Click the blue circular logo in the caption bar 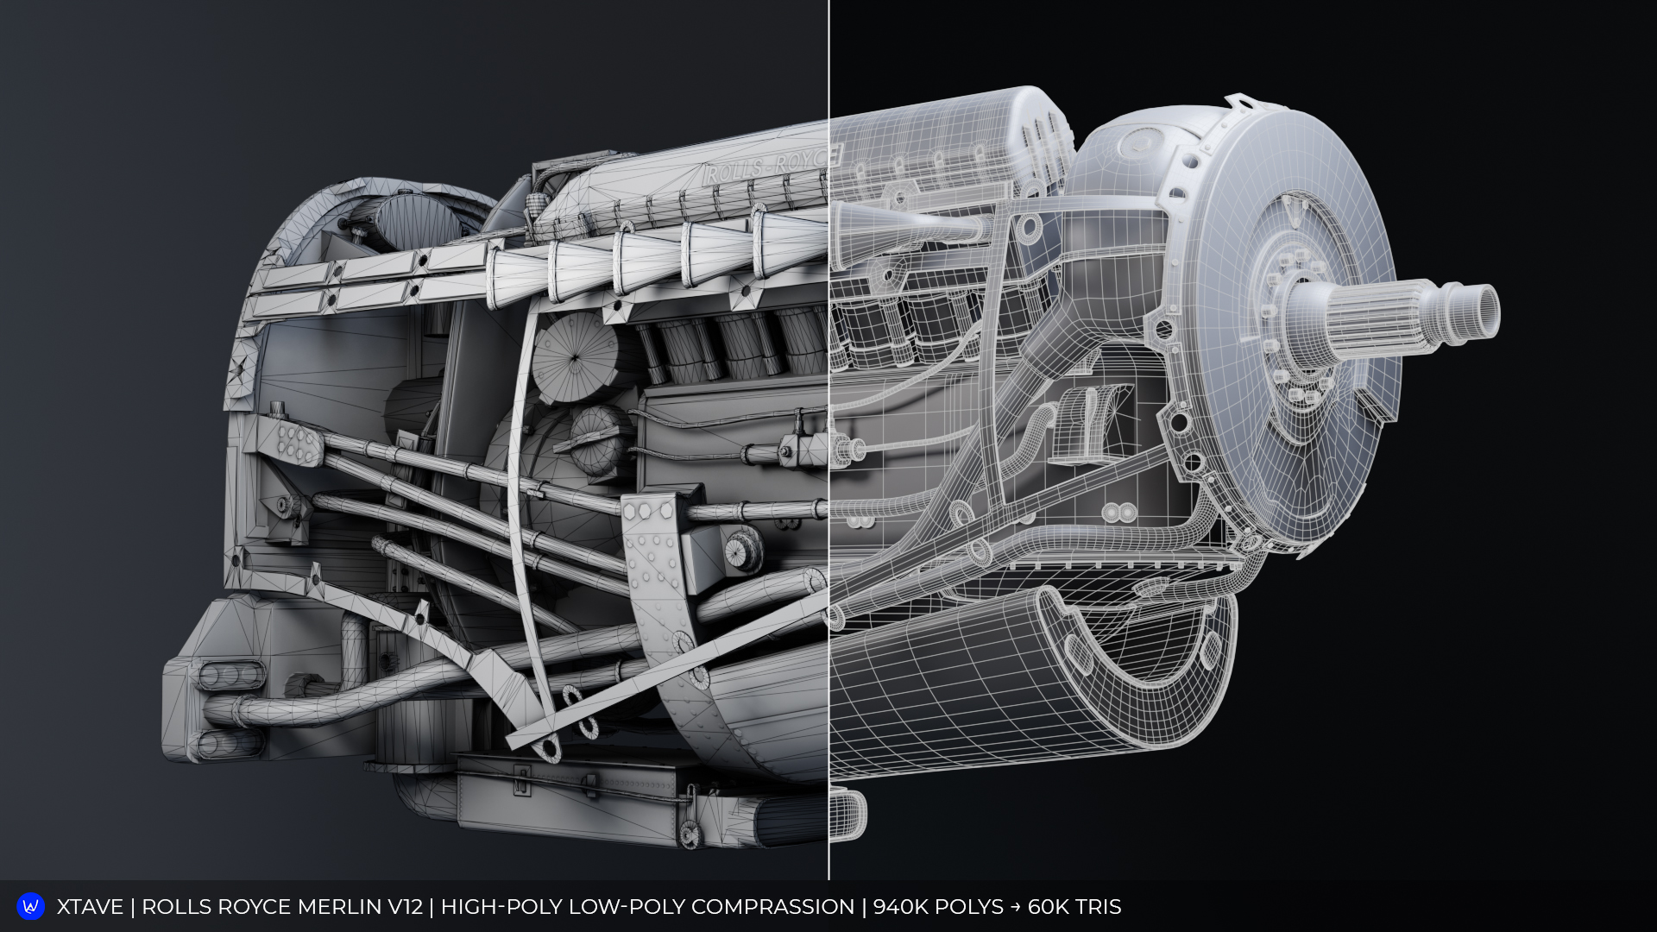click(x=31, y=906)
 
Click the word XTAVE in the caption click(x=90, y=907)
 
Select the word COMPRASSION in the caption click(x=772, y=907)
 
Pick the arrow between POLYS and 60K click(x=1016, y=907)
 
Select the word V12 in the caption click(x=406, y=907)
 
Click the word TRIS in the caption click(x=1098, y=907)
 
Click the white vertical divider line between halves click(x=828, y=431)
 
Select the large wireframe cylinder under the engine click(x=1018, y=682)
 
